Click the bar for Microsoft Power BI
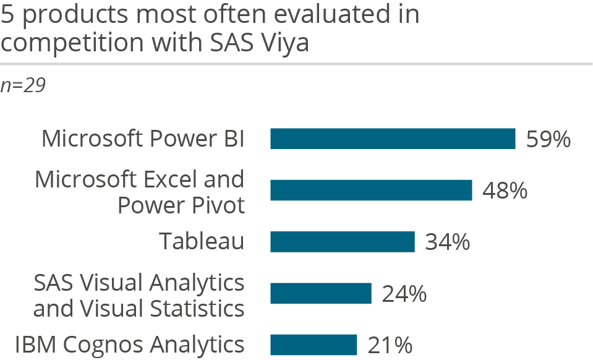393,139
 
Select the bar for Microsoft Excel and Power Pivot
371,191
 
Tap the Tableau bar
342,242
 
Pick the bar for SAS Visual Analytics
320,293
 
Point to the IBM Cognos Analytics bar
314,345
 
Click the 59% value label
548,139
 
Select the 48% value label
505,191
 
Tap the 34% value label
447,242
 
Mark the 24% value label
404,293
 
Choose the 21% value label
390,345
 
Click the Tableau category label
202,241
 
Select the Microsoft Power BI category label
143,139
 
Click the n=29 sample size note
23,85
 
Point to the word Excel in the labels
168,179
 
